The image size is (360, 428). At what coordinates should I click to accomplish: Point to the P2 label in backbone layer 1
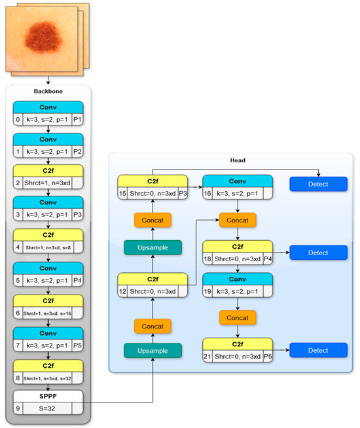click(77, 152)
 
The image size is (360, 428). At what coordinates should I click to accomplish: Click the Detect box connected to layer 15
click(318, 185)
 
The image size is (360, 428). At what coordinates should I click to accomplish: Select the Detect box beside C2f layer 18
click(318, 252)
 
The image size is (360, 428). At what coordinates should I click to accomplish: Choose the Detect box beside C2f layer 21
click(318, 350)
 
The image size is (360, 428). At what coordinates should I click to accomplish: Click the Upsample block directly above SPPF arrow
click(153, 350)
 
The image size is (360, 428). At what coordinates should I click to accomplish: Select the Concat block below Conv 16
click(237, 221)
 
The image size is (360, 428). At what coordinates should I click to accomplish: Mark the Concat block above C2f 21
click(237, 317)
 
